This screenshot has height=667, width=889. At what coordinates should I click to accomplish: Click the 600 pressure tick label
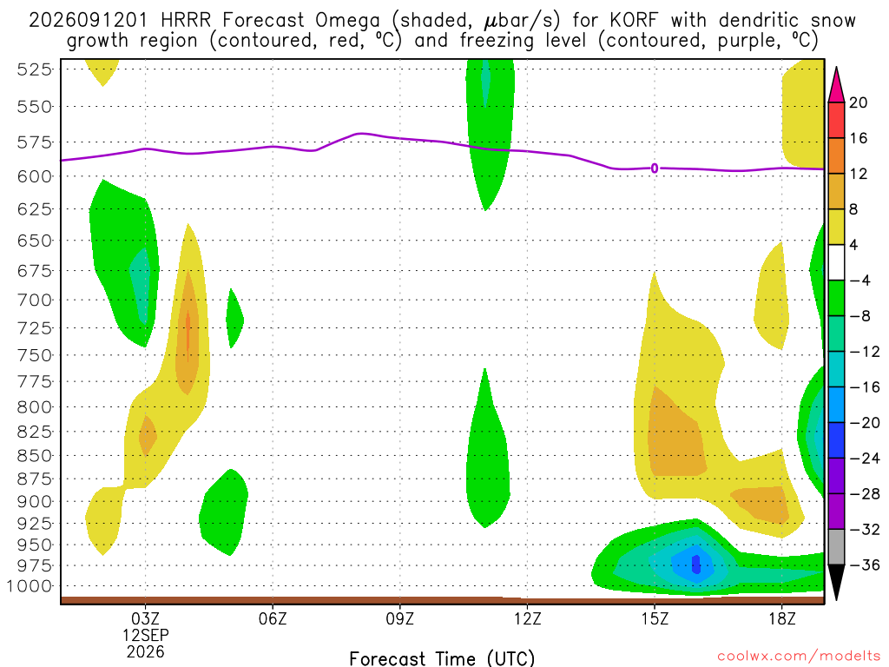(x=35, y=176)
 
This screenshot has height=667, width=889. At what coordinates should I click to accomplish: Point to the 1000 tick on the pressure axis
(x=30, y=586)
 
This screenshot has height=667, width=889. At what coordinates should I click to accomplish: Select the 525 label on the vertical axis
(x=35, y=69)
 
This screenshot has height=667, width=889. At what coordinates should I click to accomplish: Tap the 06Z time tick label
(x=273, y=618)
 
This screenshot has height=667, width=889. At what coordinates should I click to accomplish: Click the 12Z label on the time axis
(x=527, y=618)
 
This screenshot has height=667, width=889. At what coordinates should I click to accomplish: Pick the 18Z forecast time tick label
(x=782, y=618)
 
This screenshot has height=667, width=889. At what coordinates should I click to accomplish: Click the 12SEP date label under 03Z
(x=146, y=635)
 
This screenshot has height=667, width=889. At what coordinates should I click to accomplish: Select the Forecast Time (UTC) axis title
(x=442, y=658)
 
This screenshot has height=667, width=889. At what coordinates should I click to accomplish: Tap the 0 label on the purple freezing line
(x=655, y=168)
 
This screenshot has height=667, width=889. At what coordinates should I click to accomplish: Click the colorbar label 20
(x=858, y=102)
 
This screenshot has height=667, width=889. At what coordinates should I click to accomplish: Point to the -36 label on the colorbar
(x=866, y=565)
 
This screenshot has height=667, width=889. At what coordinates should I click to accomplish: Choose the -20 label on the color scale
(x=866, y=423)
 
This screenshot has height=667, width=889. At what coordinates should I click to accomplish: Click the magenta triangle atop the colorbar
(x=836, y=86)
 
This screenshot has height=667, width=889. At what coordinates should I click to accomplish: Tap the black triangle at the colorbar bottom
(x=836, y=581)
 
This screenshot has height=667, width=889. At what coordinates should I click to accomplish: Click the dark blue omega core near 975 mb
(x=696, y=565)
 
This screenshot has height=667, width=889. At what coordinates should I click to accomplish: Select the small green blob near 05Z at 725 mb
(x=234, y=318)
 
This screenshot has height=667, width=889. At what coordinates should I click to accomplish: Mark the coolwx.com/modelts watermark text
(x=799, y=657)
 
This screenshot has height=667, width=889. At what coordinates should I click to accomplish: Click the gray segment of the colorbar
(x=836, y=547)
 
